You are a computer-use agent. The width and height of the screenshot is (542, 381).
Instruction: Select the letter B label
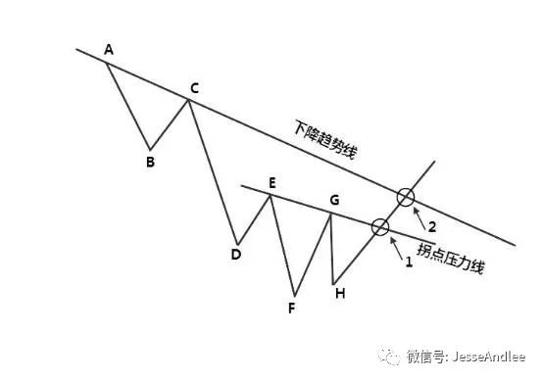[150, 162]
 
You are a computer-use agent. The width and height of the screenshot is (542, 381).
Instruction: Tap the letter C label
[195, 89]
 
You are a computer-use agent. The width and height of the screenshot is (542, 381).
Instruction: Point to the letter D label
[235, 255]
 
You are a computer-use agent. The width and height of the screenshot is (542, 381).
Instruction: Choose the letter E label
[271, 182]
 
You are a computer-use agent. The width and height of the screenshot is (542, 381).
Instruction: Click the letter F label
[291, 307]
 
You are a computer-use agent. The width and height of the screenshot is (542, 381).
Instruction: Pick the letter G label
[334, 201]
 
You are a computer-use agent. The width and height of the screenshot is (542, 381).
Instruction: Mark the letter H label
[338, 292]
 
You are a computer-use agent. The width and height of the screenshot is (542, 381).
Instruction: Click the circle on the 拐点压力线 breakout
[379, 227]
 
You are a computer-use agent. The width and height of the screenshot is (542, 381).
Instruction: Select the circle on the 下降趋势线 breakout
[405, 198]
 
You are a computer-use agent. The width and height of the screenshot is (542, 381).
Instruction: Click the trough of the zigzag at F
[293, 294]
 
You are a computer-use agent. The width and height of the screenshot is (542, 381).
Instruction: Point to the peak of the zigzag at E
[271, 194]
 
